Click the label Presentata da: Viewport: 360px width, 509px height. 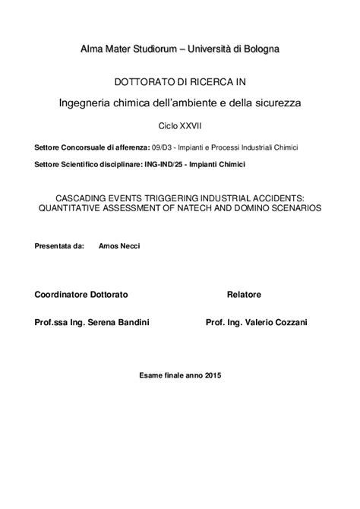pos(59,247)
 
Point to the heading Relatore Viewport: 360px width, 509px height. pos(244,292)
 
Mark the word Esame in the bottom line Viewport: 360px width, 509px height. pos(152,375)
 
